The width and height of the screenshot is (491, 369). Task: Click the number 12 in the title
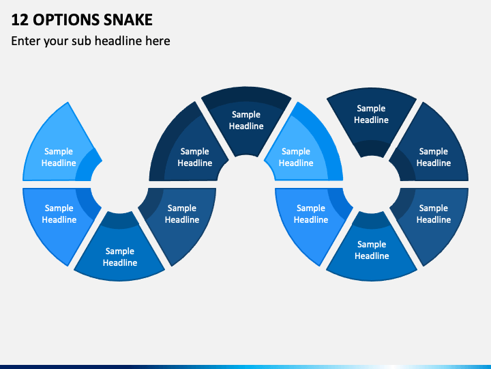(20, 20)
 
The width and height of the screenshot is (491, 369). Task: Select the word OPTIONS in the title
(66, 20)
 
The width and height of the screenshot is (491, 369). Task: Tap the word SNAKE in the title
(128, 20)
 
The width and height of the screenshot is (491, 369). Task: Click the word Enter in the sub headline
(25, 41)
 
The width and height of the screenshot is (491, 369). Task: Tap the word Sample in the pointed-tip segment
(59, 151)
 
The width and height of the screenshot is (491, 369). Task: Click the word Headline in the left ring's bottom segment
(120, 262)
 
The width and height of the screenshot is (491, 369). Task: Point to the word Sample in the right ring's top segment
(371, 108)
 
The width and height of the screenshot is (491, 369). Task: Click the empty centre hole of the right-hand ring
(372, 184)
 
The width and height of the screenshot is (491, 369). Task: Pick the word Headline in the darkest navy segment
(246, 126)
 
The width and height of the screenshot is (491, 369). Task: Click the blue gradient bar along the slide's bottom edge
(245, 367)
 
